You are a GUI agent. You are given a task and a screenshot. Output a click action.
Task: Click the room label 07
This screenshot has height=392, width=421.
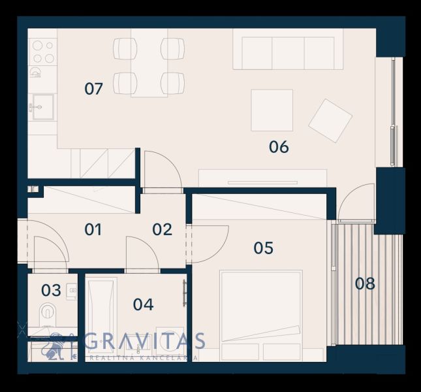tap(93, 89)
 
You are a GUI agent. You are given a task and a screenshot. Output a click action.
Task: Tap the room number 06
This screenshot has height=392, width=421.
tap(279, 147)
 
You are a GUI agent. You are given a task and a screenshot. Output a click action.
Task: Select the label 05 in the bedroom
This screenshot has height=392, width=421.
tap(264, 248)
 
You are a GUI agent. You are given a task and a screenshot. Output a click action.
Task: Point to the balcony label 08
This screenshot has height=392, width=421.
tap(365, 284)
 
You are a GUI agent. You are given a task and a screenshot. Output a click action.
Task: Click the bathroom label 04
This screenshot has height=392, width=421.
tap(144, 304)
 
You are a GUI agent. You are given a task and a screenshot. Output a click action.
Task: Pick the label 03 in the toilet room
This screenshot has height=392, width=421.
tap(51, 290)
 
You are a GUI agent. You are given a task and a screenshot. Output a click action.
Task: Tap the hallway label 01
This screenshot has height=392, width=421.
tap(93, 229)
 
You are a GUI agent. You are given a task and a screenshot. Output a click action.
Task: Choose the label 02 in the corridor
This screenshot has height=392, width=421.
tap(162, 229)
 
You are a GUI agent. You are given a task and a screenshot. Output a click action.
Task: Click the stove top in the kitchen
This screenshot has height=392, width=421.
tap(42, 52)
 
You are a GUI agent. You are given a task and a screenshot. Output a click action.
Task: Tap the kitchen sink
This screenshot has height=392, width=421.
tap(43, 107)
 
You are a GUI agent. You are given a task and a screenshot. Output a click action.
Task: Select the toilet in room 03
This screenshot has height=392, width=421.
tap(48, 314)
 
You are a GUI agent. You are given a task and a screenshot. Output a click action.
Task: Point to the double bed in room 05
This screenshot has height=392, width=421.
tap(260, 316)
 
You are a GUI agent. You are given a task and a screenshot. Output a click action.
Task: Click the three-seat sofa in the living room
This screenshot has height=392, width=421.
tap(288, 50)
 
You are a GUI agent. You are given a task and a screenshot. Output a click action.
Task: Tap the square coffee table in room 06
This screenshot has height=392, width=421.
tap(272, 110)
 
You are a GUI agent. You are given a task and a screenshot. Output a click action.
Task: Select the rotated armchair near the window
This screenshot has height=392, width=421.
tap(330, 120)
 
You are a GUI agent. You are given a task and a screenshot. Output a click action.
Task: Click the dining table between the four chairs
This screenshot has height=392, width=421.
tap(149, 63)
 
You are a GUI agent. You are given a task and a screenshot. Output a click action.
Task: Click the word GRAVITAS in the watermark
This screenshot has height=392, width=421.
tap(145, 340)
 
